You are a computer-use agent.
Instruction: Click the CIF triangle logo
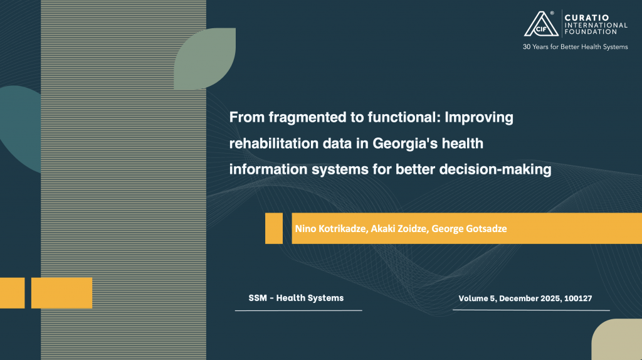point(541,24)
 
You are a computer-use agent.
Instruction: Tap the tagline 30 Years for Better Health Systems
point(576,47)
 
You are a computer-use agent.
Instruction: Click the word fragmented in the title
point(307,117)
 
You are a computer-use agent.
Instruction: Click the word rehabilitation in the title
point(274,144)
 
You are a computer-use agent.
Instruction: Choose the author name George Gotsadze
point(469,228)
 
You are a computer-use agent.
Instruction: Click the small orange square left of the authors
point(274,228)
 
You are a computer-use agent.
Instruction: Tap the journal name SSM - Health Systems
point(296,298)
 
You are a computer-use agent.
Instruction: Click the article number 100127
point(578,298)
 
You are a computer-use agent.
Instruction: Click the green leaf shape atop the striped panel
point(205,58)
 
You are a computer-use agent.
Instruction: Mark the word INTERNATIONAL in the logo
point(596,25)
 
